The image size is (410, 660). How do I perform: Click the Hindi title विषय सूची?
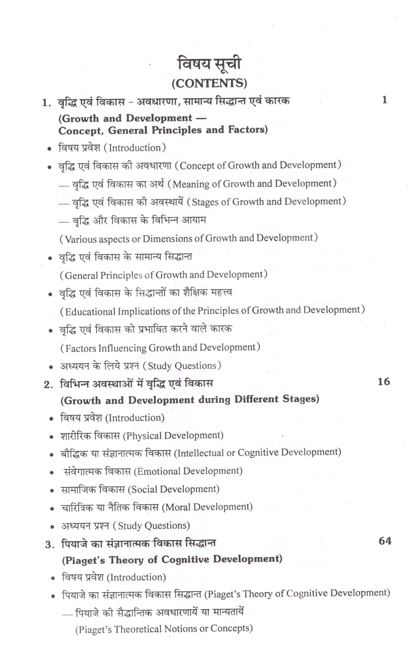[210, 64]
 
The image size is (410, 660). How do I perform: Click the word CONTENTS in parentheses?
[210, 84]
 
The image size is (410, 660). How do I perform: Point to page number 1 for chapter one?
[384, 100]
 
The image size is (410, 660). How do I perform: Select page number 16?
[384, 382]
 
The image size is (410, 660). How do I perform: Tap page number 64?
[385, 541]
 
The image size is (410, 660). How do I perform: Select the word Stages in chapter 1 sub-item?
[205, 202]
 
